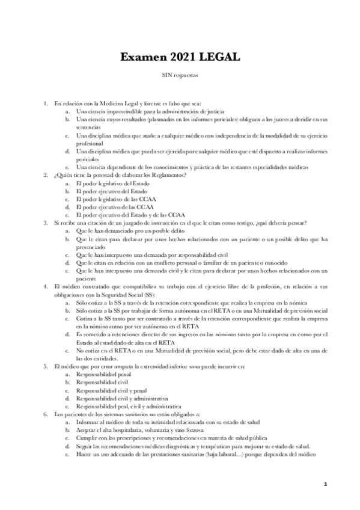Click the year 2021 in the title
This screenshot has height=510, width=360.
175,57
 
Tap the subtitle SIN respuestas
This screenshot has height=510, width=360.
179,76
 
